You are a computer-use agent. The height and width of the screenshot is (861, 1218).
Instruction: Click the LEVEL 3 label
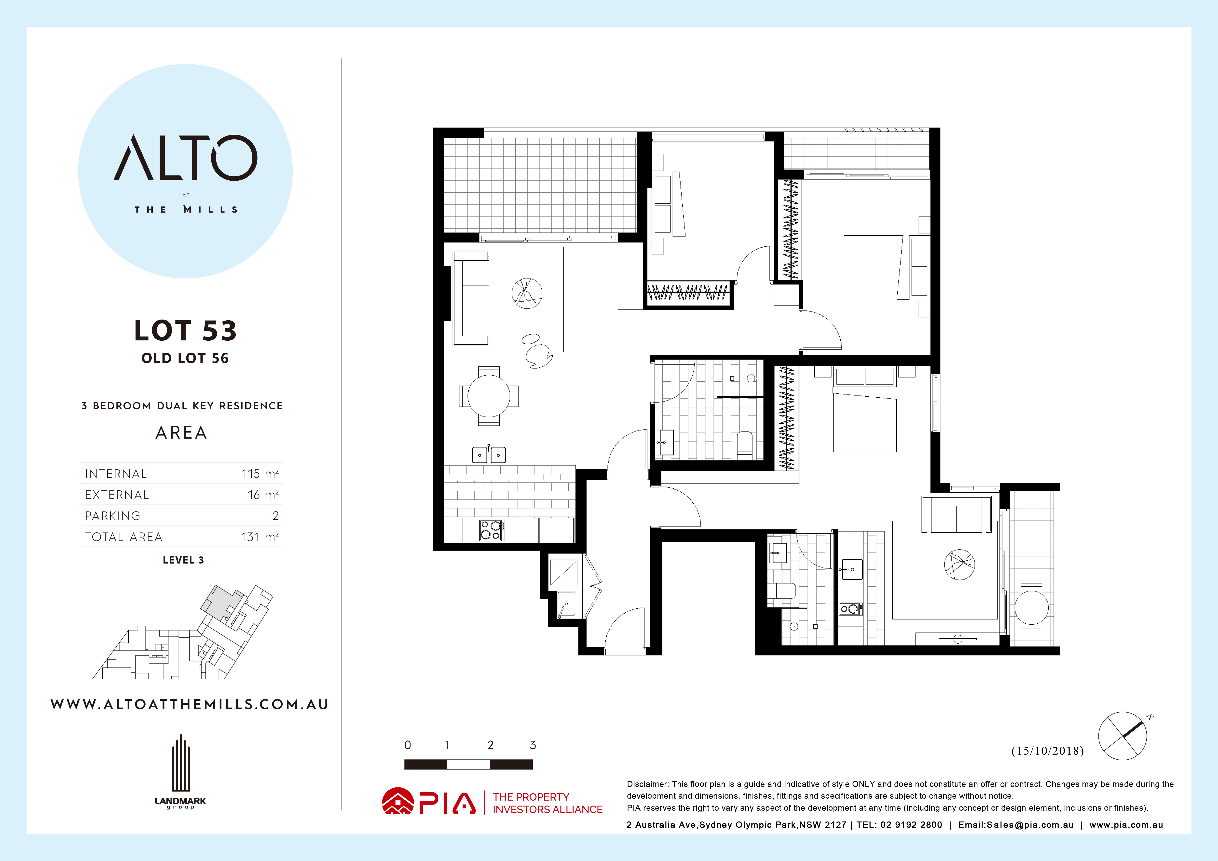click(183, 560)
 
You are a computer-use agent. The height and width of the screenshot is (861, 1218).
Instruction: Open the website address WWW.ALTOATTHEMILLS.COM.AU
click(189, 704)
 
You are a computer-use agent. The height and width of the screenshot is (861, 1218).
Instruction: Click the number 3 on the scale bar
click(533, 745)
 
